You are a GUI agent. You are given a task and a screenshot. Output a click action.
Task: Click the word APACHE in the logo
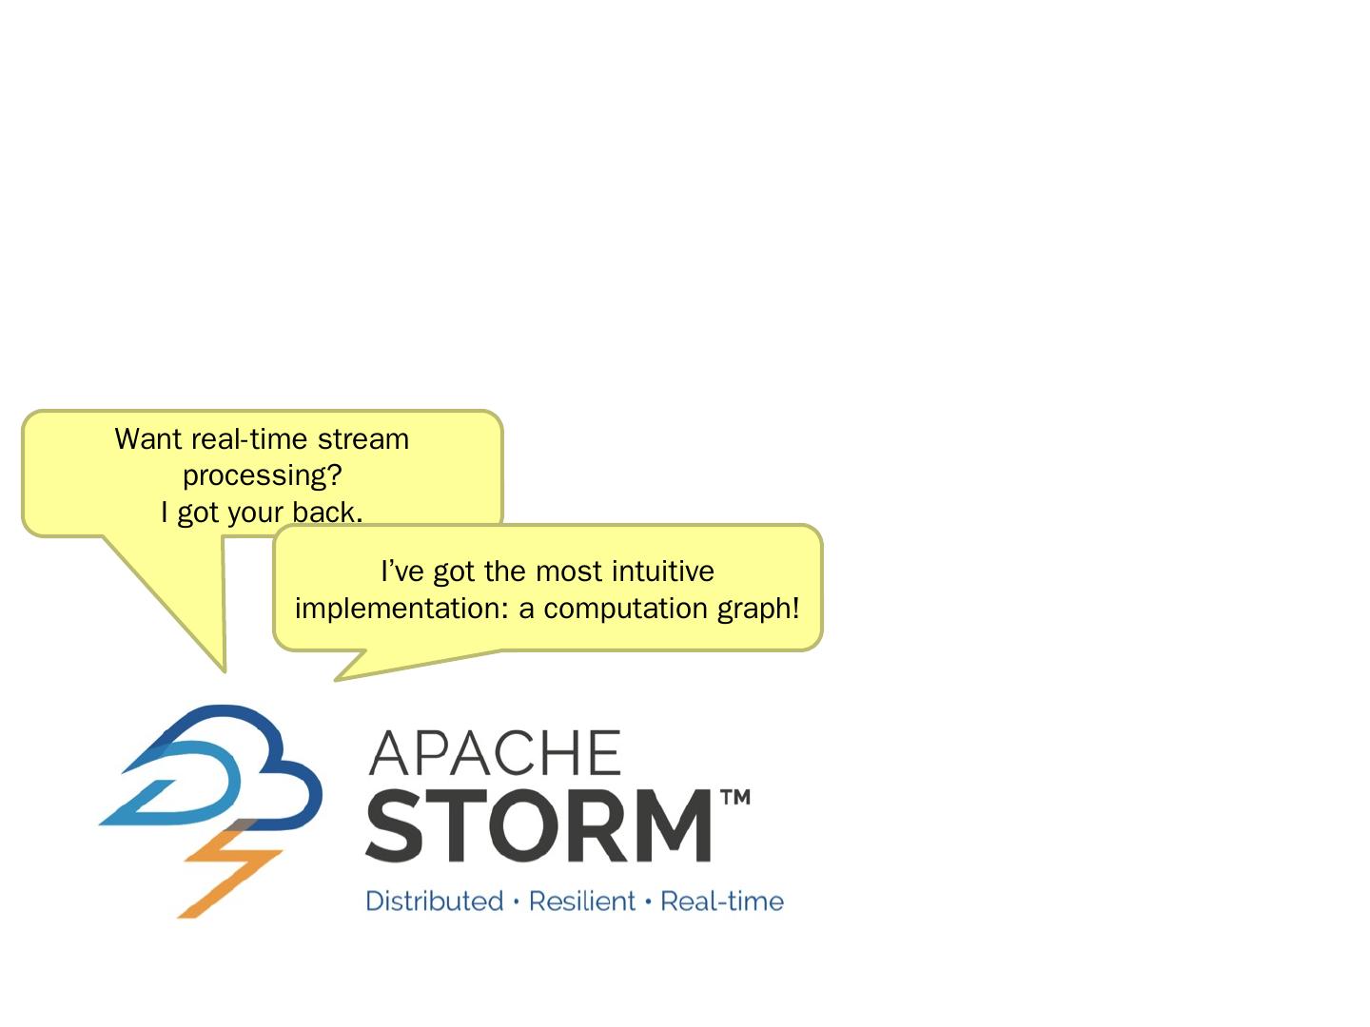click(x=495, y=753)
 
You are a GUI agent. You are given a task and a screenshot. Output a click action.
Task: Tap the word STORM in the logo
click(x=538, y=825)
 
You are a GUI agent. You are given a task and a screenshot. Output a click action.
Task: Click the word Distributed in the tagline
click(x=434, y=901)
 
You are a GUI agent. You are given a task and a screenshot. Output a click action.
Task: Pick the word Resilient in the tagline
click(x=581, y=901)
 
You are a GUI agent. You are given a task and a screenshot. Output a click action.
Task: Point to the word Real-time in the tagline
click(x=721, y=901)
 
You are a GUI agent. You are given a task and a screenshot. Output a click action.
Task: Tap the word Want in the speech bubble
click(x=148, y=439)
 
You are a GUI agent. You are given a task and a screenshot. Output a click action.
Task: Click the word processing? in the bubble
click(x=262, y=475)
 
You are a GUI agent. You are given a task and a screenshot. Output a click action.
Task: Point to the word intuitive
click(x=662, y=572)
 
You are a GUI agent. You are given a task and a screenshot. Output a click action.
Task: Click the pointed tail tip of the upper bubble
click(x=225, y=670)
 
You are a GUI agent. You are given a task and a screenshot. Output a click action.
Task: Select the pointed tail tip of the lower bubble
click(x=336, y=680)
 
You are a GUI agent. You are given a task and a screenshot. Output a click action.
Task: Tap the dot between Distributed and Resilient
click(x=516, y=901)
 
